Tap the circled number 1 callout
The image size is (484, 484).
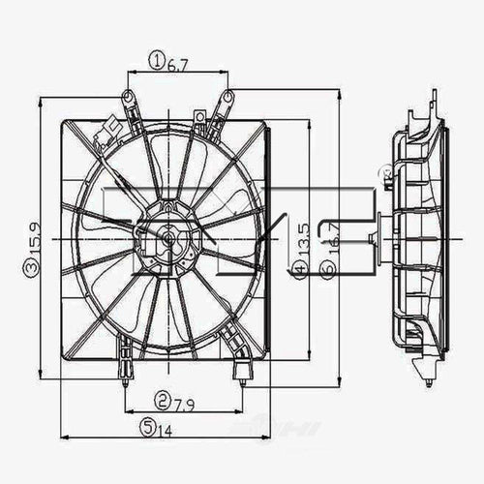coord(157,63)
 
